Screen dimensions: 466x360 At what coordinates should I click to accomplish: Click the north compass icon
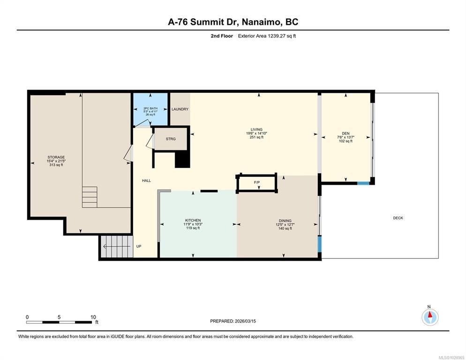[430, 317]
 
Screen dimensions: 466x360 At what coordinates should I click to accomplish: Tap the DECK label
[398, 218]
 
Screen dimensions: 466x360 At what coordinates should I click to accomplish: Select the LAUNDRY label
[180, 109]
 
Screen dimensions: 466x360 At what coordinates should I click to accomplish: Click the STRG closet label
[171, 139]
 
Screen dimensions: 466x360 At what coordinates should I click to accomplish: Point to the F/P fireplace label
[257, 182]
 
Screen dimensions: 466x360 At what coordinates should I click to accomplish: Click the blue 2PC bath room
[150, 109]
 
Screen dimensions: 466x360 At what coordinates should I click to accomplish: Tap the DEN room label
[346, 134]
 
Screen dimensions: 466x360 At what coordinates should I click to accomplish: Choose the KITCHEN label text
[193, 220]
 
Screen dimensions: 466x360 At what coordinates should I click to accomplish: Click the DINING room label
[285, 221]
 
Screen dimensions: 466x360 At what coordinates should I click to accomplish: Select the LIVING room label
[256, 129]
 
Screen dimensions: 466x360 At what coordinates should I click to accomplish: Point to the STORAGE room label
[56, 157]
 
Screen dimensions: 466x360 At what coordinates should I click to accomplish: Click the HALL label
[146, 180]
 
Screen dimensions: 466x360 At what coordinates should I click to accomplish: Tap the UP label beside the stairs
[139, 246]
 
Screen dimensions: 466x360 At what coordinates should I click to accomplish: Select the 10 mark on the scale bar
[93, 317]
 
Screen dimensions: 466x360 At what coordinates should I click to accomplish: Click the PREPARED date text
[233, 321]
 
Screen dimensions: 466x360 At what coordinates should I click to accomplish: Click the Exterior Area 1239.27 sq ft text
[267, 36]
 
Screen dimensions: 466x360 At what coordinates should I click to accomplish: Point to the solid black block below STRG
[182, 160]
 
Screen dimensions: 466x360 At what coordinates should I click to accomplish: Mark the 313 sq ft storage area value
[56, 165]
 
